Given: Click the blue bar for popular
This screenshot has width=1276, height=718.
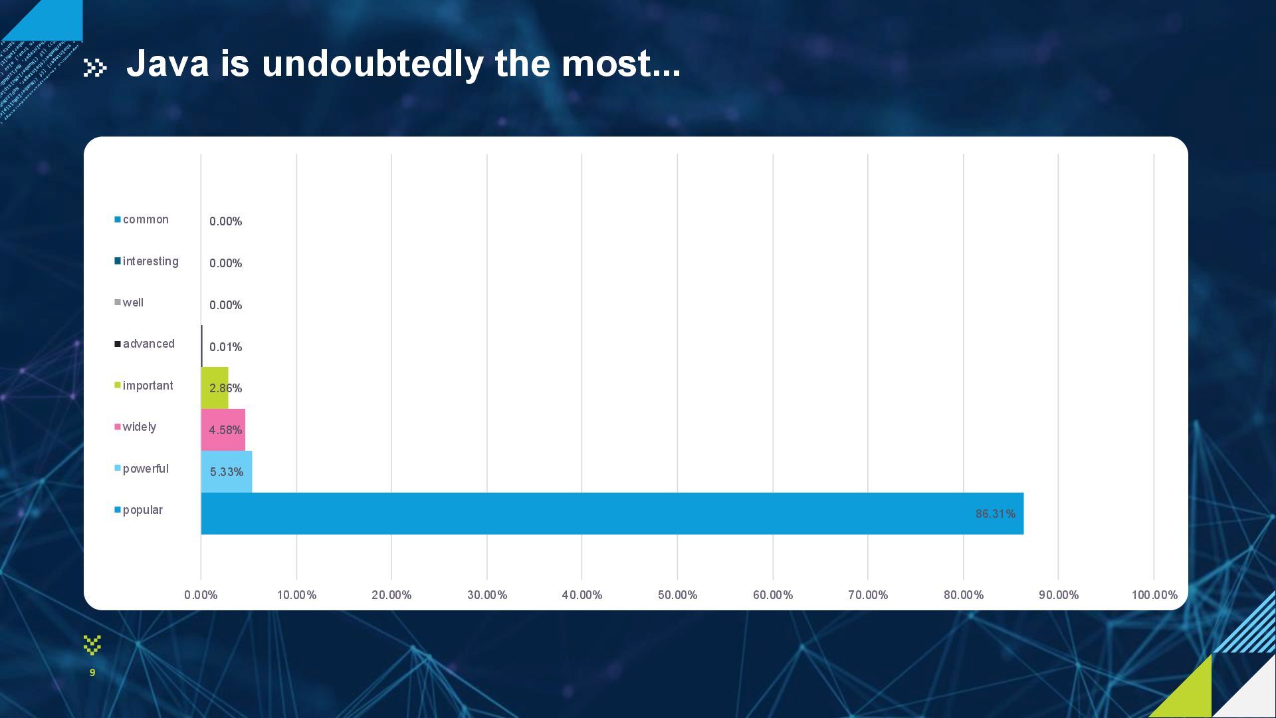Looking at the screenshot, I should coord(611,513).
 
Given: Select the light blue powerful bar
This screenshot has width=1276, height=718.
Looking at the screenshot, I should coord(227,471).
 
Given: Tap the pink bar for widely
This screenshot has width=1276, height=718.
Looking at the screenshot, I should coord(223,429).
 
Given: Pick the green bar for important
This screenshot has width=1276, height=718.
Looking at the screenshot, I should coord(215,388).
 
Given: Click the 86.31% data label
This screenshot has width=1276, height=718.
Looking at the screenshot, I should coord(995,514).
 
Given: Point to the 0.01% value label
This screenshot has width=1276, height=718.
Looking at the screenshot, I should coord(225,347).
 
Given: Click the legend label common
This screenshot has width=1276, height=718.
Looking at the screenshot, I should coord(146,219).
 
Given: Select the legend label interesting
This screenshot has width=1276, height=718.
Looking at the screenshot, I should coord(150,261).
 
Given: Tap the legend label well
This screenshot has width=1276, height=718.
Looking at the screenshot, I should coord(133,302).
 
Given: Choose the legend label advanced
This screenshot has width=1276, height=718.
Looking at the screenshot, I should coord(148,344).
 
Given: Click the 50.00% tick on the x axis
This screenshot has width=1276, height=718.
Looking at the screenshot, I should coord(677,595).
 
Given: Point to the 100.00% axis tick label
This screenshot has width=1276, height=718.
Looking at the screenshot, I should coord(1154,595).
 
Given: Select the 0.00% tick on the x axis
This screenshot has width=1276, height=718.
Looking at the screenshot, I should coord(201,595).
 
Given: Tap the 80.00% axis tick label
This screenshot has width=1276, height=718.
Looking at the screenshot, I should coord(963,595).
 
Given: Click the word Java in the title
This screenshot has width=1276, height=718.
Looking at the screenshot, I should coord(167,64).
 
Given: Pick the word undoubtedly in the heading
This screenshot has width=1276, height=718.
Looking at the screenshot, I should coord(372,64).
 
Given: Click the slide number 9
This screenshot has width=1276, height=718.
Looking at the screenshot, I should coord(92,673).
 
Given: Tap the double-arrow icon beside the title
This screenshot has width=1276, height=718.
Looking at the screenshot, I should coord(95,67).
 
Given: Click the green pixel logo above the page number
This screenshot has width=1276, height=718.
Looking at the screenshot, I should coord(92,644).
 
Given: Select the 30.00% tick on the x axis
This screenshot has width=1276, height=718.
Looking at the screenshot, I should coord(486,595).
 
